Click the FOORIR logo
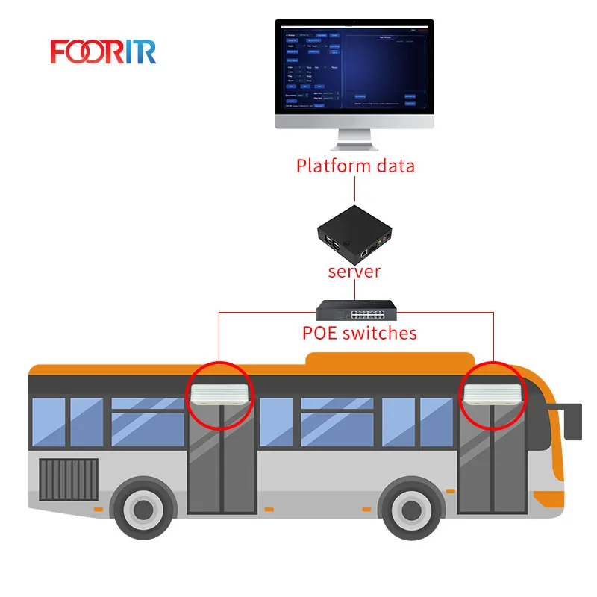pos(103,51)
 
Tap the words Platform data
pos(355,165)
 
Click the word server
pos(354,271)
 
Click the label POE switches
pos(354,332)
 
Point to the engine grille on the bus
pos(68,481)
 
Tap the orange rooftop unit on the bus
pos(388,362)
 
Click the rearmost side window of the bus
pos(48,422)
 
